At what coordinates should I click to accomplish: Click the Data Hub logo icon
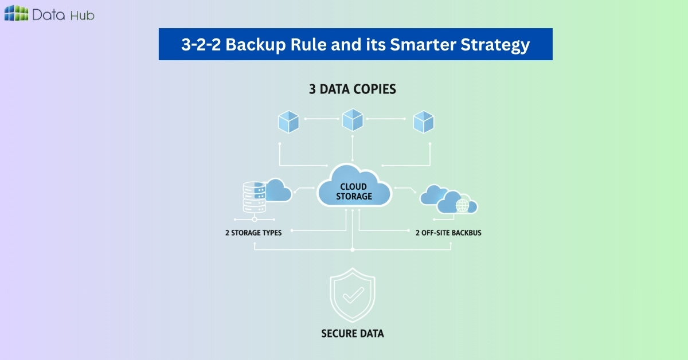coord(16,14)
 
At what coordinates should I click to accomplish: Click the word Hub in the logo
coord(82,15)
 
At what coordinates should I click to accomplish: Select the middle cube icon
coord(352,120)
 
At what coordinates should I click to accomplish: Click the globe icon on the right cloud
coord(462,206)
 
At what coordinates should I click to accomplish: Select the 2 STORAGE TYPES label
coord(253,233)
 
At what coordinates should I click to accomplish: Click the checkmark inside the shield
coord(353,296)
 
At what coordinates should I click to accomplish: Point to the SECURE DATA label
coord(353,333)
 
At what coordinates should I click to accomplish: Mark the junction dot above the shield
coord(353,250)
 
